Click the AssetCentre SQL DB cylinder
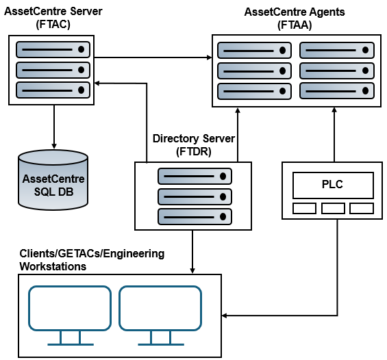(53, 180)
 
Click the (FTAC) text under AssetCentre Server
(53, 25)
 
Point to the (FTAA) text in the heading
(295, 25)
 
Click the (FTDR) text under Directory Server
(194, 151)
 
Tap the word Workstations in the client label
(53, 266)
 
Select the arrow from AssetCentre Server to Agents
(153, 57)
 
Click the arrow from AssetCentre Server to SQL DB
(54, 127)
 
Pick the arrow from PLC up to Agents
(334, 135)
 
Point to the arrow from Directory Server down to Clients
(192, 252)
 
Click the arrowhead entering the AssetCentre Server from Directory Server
(97, 83)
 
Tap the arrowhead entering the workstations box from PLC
(224, 316)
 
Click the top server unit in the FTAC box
(53, 49)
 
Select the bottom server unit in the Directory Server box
(195, 217)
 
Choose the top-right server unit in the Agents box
(337, 50)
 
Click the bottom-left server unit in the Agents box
(254, 91)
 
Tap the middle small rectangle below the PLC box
(333, 208)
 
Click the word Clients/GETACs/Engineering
(92, 254)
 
